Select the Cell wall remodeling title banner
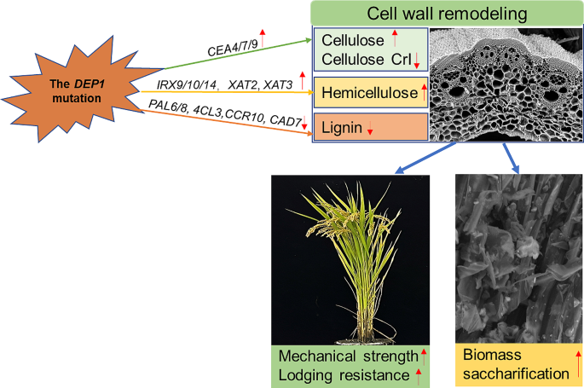point(447,14)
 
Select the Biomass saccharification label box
point(519,363)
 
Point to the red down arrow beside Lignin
point(370,129)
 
